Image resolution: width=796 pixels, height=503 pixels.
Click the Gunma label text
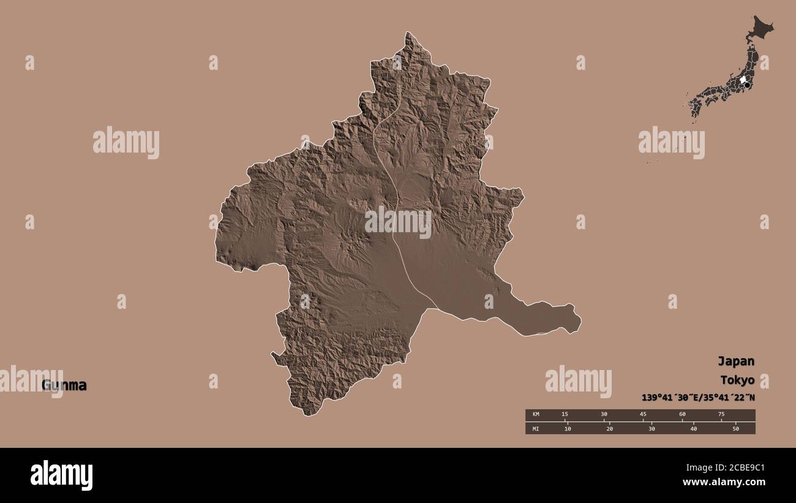(64, 385)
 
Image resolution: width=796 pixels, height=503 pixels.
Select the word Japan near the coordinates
(736, 361)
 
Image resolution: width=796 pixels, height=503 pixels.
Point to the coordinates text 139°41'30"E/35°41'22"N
(698, 397)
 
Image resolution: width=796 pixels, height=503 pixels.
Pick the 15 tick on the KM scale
(565, 415)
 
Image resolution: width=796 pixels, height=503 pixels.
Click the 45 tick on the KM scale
(643, 415)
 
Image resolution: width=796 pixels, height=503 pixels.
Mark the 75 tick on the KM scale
(721, 415)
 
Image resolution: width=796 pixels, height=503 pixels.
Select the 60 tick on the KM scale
(682, 415)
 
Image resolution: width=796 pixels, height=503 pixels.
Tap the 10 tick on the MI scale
(568, 428)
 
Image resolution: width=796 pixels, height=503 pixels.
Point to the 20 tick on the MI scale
(609, 428)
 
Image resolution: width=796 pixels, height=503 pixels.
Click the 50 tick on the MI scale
(735, 428)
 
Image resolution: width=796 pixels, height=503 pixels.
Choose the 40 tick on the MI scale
(693, 428)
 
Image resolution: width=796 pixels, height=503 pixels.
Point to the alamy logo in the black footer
(61, 475)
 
